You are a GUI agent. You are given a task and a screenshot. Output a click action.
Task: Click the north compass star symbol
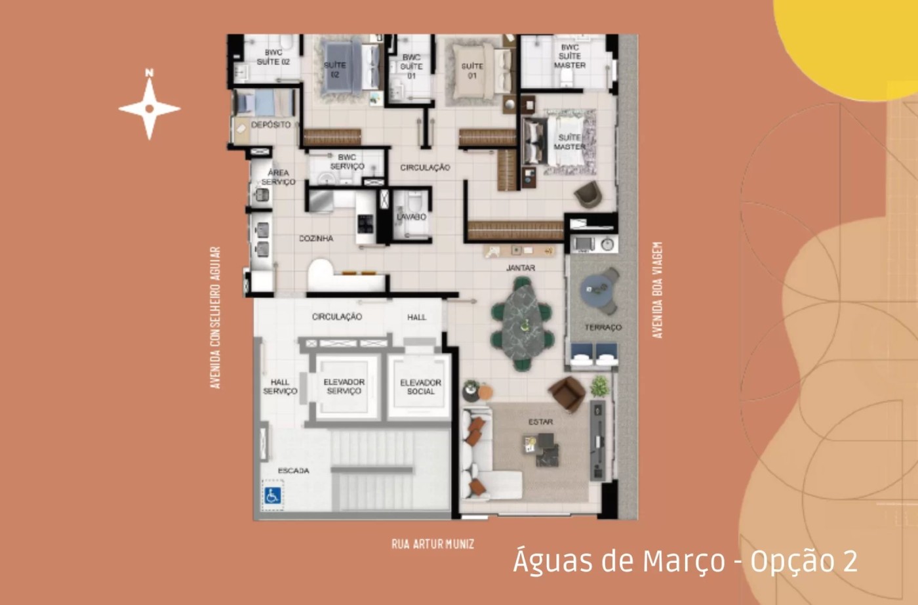click(150, 108)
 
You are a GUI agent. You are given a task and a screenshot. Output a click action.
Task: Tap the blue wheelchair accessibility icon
click(272, 495)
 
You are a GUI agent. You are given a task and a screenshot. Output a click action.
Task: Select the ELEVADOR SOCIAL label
click(420, 386)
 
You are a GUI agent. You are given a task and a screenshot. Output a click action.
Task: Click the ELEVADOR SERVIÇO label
click(344, 386)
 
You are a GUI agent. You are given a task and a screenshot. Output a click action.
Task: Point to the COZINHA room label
click(316, 238)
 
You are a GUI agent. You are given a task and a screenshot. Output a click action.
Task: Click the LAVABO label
click(411, 217)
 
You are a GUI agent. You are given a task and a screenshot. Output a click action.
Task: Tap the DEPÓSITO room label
click(271, 125)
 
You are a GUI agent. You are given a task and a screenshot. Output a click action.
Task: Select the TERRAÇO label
click(603, 327)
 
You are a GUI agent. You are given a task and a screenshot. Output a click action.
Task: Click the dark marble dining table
click(523, 323)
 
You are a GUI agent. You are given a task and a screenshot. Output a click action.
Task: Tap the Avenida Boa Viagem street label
click(658, 290)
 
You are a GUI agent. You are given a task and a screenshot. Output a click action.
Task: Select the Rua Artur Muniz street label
click(433, 544)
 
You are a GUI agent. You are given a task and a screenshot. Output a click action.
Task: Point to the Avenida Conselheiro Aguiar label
click(215, 318)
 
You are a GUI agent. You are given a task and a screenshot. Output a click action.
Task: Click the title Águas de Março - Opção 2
click(685, 561)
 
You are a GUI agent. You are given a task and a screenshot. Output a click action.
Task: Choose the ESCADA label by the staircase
click(293, 470)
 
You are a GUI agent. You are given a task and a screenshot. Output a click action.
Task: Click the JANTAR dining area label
click(521, 268)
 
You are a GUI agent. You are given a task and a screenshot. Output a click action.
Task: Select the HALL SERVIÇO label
click(280, 386)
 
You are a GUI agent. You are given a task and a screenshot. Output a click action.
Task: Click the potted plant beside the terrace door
click(599, 386)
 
